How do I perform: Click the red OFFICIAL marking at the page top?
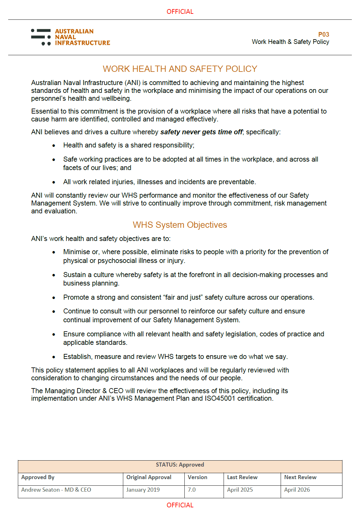pos(180,12)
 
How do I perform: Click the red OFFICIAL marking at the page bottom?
pos(180,505)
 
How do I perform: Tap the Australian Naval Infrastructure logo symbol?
pos(41,37)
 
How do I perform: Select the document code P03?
pos(323,35)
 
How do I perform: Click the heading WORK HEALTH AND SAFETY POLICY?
pos(180,69)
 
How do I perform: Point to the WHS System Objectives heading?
pos(180,225)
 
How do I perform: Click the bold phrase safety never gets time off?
pos(201,132)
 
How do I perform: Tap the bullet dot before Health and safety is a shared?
pos(54,146)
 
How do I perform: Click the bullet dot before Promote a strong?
pos(54,298)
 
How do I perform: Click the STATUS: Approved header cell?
pos(180,465)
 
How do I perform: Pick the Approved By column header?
pos(38,477)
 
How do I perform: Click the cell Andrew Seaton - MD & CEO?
pos(56,490)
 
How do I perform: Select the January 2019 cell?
pos(143,490)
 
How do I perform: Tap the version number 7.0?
pos(192,490)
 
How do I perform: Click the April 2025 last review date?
pos(240,490)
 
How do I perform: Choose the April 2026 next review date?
pos(297,490)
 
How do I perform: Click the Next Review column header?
pos(300,477)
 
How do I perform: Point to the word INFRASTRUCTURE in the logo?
pos(82,43)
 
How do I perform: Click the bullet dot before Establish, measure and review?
pos(54,357)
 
